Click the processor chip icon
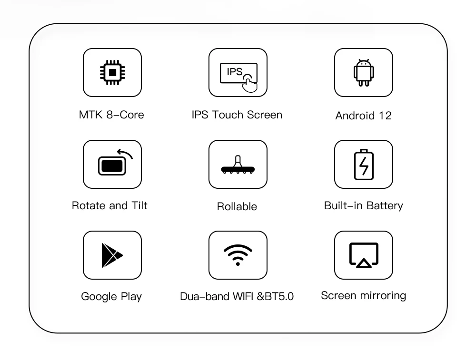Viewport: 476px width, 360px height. [112, 72]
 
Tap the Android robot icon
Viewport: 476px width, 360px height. [364, 73]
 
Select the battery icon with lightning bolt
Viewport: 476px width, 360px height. [364, 165]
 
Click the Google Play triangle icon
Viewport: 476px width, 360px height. [112, 255]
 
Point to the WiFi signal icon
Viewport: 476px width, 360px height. [238, 255]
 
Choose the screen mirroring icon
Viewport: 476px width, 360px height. [364, 255]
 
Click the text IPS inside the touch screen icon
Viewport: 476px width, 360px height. [235, 72]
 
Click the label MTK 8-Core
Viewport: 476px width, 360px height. [111, 115]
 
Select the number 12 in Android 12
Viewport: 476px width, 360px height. [385, 116]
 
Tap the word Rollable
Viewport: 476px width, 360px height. [237, 206]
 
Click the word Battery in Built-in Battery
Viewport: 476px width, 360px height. [385, 205]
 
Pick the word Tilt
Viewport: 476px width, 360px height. [139, 205]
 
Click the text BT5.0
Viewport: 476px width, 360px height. [279, 296]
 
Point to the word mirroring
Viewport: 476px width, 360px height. [385, 296]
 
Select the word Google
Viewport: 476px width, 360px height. [99, 297]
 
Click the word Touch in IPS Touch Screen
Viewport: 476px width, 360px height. [228, 115]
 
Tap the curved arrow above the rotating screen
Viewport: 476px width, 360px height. [125, 154]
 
